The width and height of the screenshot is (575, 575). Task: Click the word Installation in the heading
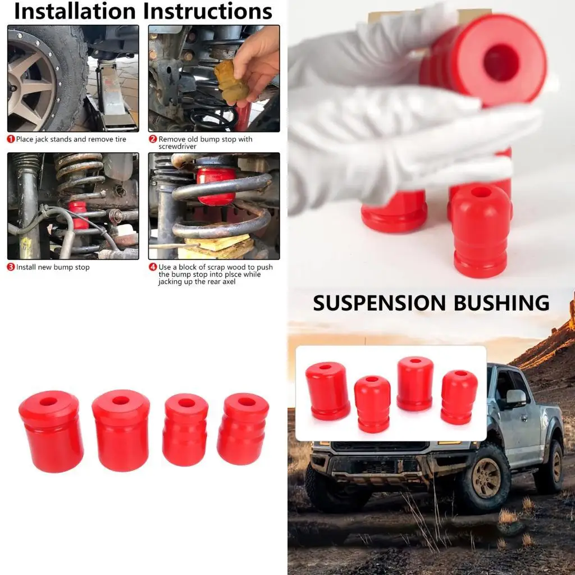[75, 11]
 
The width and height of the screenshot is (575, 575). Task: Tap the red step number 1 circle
[11, 139]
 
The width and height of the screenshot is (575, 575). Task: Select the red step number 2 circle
[153, 139]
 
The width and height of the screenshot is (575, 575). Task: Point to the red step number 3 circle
[11, 267]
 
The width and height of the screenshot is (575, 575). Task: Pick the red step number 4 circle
[153, 267]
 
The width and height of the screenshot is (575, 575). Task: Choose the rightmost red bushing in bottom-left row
[243, 428]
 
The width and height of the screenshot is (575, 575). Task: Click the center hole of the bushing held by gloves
[501, 63]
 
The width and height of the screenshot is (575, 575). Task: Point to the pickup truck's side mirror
[515, 398]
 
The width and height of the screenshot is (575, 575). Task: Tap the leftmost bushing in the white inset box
[327, 391]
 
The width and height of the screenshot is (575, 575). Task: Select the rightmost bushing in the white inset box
[459, 396]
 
